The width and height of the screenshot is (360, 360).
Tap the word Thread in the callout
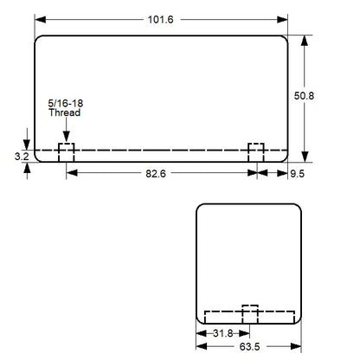pyautogui.click(x=64, y=113)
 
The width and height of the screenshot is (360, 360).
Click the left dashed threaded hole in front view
pyautogui.click(x=67, y=151)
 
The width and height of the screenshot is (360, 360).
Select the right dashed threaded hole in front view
pyautogui.click(x=256, y=151)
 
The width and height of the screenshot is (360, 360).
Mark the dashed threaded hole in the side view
pyautogui.click(x=249, y=314)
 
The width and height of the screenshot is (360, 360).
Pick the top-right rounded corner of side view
pyautogui.click(x=296, y=209)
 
